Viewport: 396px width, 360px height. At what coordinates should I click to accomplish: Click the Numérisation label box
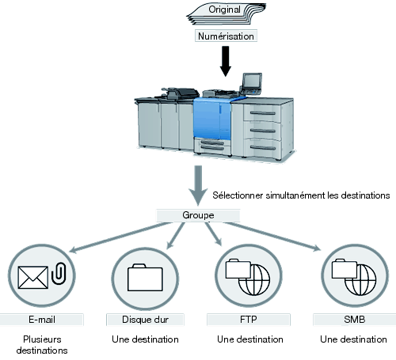[x=226, y=36]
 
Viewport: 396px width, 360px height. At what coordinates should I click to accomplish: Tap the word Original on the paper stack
[x=224, y=9]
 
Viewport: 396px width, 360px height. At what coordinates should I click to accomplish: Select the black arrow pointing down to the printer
[x=226, y=61]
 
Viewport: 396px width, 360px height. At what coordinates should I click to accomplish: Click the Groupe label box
[x=198, y=215]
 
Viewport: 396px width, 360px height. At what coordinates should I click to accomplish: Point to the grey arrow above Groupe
[x=198, y=186]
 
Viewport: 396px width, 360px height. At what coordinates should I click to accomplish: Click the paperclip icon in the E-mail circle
[x=59, y=273]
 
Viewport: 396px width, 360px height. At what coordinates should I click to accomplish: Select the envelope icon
[x=33, y=278]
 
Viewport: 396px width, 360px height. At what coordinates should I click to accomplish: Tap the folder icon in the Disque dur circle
[x=145, y=278]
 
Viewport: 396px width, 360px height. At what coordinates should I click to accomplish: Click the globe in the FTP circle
[x=254, y=279]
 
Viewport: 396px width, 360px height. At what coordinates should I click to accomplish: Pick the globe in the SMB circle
[x=360, y=279]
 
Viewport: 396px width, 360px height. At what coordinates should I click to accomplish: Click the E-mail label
[x=42, y=320]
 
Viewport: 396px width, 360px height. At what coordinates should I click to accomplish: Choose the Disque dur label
[x=145, y=320]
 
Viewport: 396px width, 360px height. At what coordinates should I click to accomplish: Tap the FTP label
[x=249, y=320]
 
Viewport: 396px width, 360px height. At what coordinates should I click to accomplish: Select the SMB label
[x=355, y=320]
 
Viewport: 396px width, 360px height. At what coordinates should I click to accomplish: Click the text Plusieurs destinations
[x=42, y=345]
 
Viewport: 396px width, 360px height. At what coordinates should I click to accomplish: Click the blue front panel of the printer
[x=212, y=118]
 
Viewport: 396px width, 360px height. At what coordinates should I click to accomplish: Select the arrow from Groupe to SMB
[x=272, y=237]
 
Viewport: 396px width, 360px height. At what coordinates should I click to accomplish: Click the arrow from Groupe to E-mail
[x=120, y=237]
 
